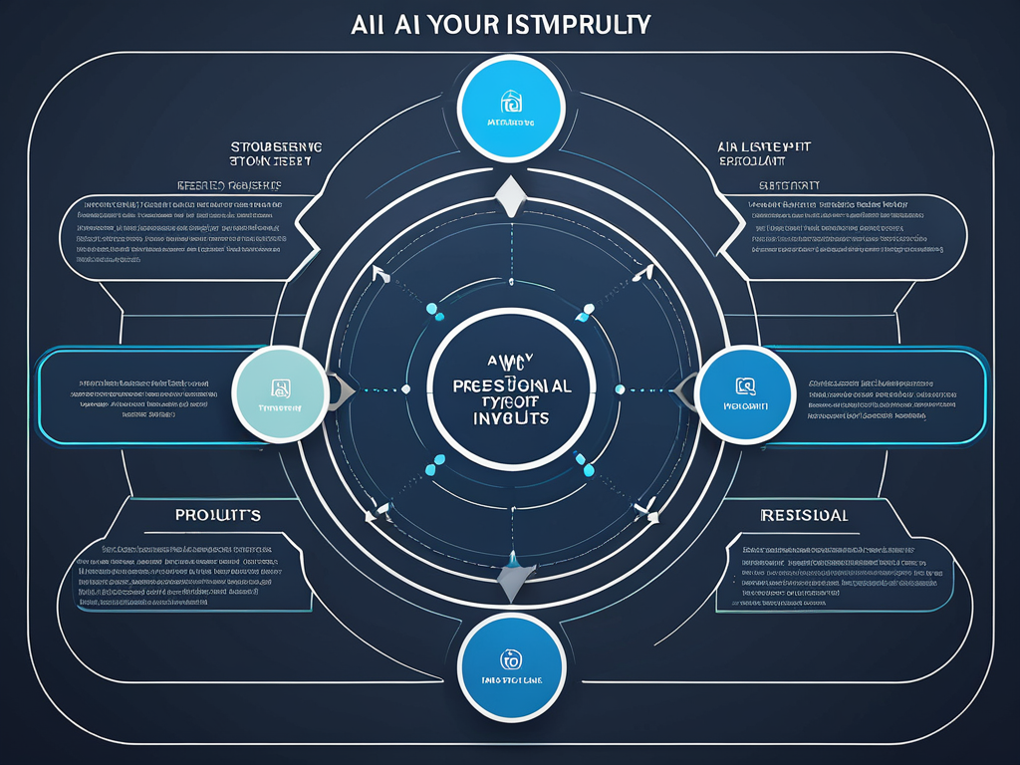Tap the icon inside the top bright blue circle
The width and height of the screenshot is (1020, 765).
pyautogui.click(x=510, y=102)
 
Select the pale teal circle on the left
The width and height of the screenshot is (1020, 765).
pyautogui.click(x=281, y=394)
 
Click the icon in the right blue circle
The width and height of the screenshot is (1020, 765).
pyautogui.click(x=744, y=385)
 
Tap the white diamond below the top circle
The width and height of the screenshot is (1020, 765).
pyautogui.click(x=510, y=196)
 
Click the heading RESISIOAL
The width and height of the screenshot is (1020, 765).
pyautogui.click(x=804, y=515)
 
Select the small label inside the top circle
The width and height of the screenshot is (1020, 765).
pyautogui.click(x=510, y=124)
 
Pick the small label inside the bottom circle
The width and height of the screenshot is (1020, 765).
pyautogui.click(x=509, y=681)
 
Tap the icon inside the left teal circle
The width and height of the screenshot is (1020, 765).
pyautogui.click(x=281, y=386)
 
